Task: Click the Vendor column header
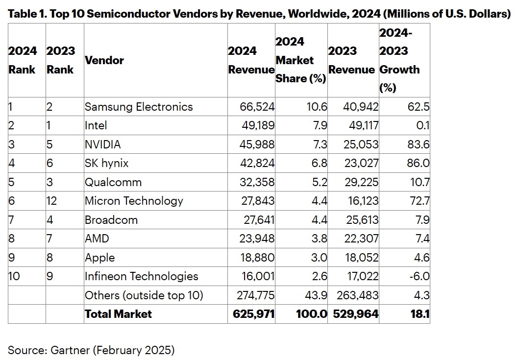click(x=104, y=60)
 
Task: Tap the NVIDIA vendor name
click(x=102, y=144)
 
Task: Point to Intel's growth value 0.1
click(x=423, y=125)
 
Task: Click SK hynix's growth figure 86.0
click(x=419, y=163)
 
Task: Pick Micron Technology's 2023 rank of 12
click(x=53, y=201)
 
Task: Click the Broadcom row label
click(x=111, y=220)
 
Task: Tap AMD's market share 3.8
click(x=320, y=239)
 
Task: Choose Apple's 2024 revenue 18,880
click(x=258, y=258)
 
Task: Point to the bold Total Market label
click(x=118, y=314)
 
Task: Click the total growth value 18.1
click(x=421, y=314)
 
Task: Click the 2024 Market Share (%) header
click(x=300, y=60)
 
